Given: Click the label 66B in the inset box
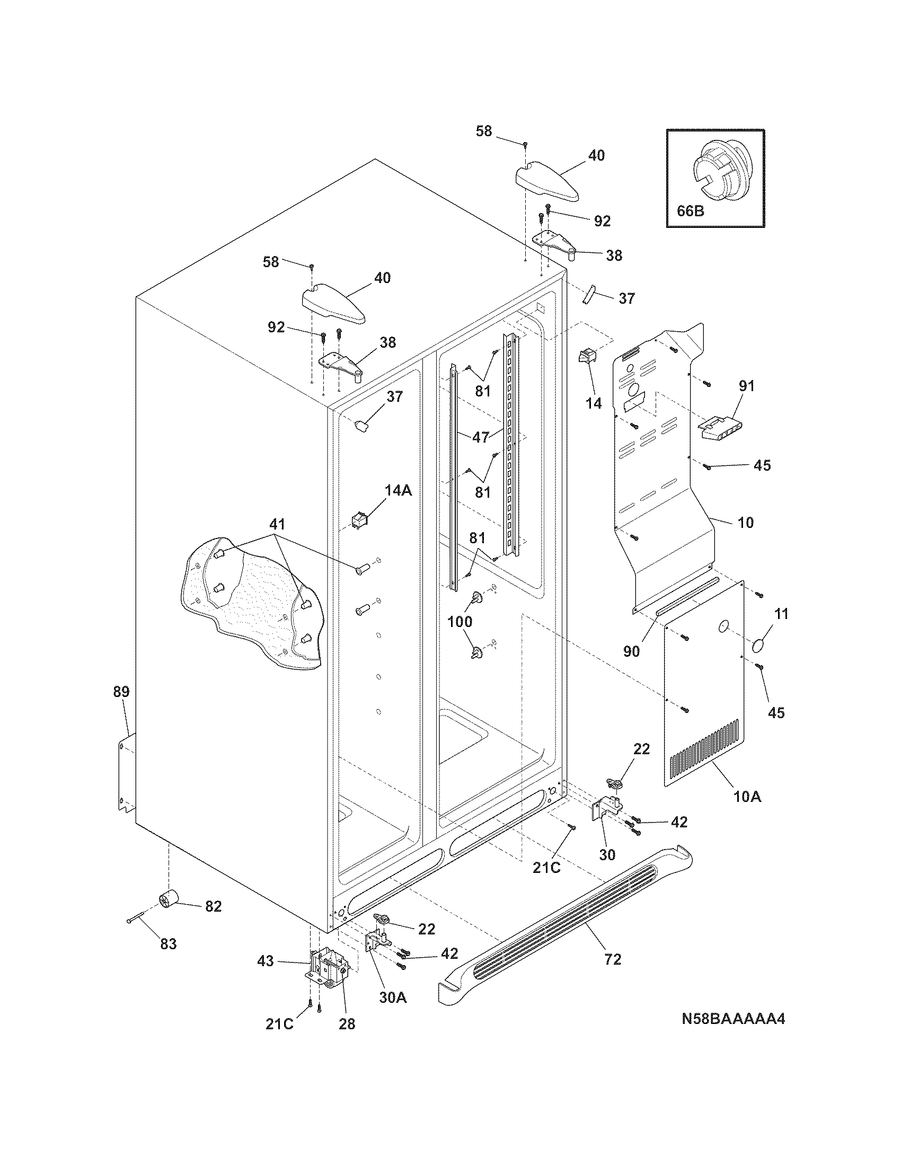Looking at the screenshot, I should (691, 211).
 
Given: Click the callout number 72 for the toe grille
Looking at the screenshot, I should (613, 959).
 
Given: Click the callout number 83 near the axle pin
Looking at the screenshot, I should (168, 944).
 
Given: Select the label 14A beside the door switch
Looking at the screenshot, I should (398, 490).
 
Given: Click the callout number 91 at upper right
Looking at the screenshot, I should (746, 386).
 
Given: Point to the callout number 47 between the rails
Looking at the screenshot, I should (480, 437).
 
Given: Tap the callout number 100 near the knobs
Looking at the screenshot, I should (460, 622).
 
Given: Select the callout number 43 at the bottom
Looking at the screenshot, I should (266, 961).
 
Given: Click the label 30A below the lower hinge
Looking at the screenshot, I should (393, 997).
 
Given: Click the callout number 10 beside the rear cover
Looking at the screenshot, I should (745, 522).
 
